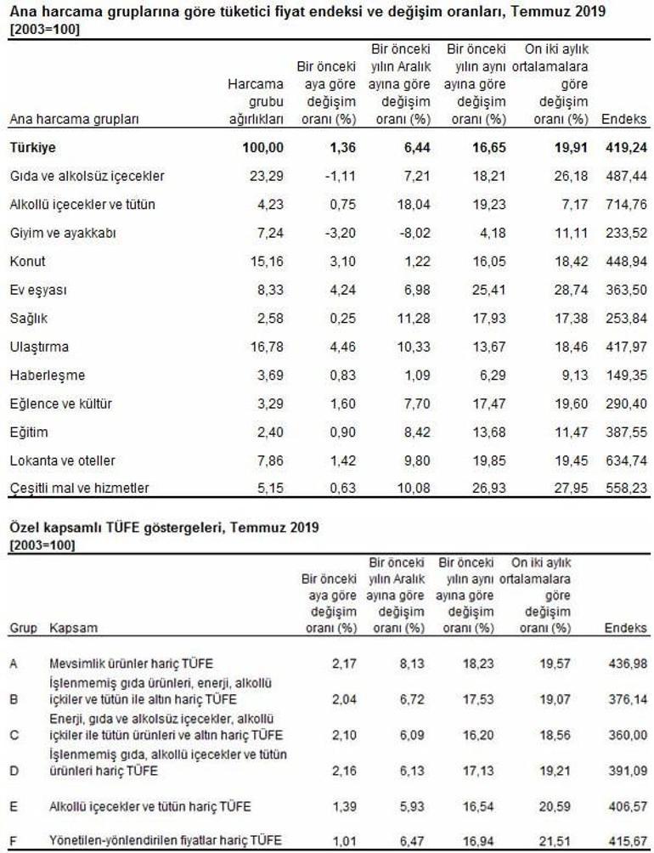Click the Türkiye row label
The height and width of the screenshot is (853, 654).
click(32, 148)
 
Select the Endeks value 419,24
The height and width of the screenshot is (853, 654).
click(626, 148)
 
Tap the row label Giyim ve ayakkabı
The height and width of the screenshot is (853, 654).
click(63, 234)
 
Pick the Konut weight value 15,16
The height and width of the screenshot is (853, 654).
click(267, 262)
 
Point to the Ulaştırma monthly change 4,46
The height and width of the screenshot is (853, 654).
click(342, 347)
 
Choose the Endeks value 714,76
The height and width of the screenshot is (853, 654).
click(626, 205)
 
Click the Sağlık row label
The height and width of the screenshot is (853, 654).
click(29, 319)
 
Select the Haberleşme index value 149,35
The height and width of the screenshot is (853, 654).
click(626, 376)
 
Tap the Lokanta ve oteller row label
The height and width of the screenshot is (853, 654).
click(63, 460)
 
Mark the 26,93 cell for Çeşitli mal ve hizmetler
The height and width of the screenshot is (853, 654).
click(489, 488)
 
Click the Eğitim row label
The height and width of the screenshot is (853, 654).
click(29, 432)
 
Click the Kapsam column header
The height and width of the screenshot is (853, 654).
click(73, 629)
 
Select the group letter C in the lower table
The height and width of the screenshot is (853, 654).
click(14, 736)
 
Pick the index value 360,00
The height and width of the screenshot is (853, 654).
click(628, 736)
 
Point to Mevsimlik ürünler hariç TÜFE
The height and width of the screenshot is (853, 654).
click(131, 664)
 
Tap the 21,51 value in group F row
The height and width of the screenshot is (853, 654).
click(555, 841)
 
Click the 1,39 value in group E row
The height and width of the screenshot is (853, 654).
click(344, 807)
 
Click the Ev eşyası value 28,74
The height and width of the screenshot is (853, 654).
click(571, 290)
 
